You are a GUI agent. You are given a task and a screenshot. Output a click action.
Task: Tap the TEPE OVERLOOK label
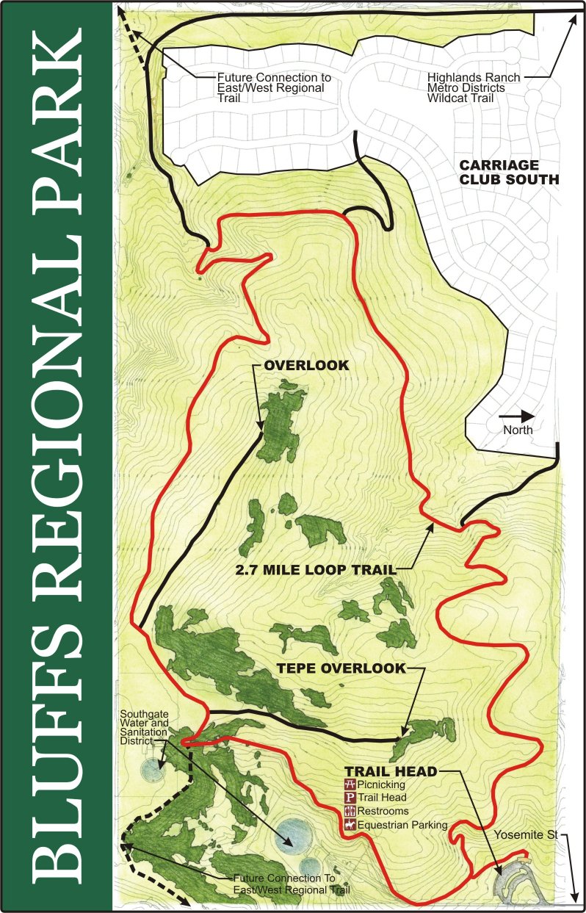341,668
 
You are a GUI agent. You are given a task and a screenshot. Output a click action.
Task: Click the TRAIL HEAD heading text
391,771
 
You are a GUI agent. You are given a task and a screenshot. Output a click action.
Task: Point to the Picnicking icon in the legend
350,784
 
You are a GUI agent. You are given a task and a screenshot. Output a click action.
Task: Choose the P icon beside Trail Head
350,798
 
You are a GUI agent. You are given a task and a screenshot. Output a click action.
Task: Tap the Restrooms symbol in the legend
350,811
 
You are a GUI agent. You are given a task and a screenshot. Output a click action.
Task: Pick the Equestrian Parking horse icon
350,825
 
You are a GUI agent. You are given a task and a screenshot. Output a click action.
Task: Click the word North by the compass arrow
518,430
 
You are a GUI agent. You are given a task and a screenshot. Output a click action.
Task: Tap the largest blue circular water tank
292,834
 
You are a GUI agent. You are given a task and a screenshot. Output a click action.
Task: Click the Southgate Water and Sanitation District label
145,726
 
